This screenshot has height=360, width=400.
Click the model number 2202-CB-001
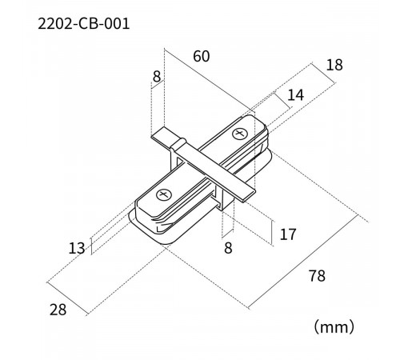84,24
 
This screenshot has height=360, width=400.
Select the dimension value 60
202,56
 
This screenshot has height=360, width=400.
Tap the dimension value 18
334,65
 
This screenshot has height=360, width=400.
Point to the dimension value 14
295,95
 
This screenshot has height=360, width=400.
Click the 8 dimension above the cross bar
157,77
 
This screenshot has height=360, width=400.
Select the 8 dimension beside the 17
228,248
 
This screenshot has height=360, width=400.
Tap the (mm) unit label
334,326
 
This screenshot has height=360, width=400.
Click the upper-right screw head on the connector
239,133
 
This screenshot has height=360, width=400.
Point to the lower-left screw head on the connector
165,194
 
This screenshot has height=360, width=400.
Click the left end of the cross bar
165,138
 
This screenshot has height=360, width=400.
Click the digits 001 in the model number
115,24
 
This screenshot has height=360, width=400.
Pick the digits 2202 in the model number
55,24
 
